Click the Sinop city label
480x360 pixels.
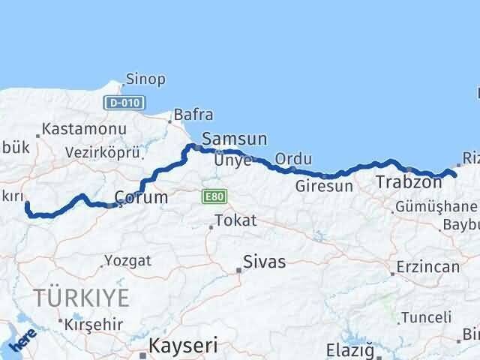pos(146,79)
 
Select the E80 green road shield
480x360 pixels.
pos(210,196)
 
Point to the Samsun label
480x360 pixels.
pos(235,139)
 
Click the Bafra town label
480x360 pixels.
pos(193,115)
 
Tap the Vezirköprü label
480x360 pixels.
pos(103,152)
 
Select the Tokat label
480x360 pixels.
pos(235,221)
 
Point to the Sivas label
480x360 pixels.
pos(265,262)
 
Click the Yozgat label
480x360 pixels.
pos(127,261)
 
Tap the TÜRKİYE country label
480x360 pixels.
pos(81,296)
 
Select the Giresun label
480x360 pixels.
pos(324,186)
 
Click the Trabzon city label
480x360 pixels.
pos(408,182)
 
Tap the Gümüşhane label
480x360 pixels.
pos(436,206)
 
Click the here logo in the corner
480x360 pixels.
pos(22,340)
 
